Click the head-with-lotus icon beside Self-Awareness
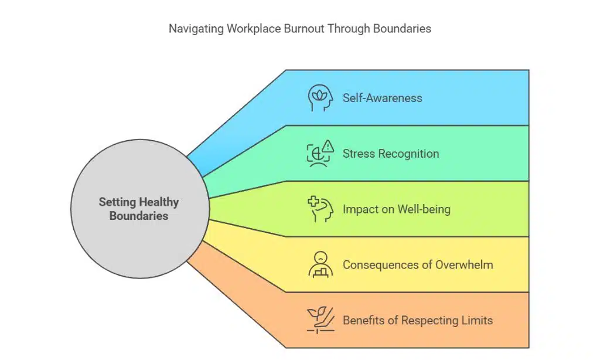321,97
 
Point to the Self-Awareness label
382,98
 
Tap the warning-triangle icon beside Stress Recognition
328,145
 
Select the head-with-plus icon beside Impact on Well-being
321,209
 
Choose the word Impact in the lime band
360,209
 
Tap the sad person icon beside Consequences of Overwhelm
321,264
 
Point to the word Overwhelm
464,264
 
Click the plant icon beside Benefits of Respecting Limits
321,320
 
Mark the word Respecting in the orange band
430,320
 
